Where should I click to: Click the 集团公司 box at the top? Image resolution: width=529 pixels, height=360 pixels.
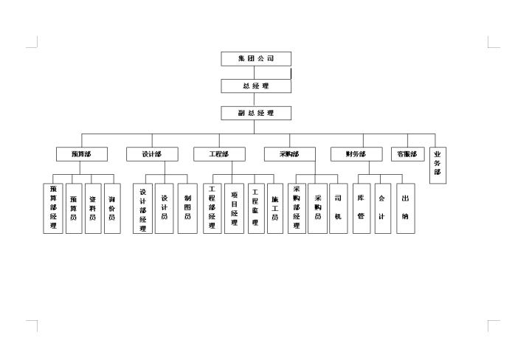(256, 59)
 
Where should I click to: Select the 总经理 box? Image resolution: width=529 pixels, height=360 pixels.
(256, 86)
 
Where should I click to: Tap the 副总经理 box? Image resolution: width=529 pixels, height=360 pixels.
(256, 113)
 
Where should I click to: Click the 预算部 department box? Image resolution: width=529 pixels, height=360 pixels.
(82, 154)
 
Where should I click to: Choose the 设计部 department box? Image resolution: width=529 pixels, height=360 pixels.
(152, 154)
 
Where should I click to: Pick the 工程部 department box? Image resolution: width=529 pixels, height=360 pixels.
(219, 154)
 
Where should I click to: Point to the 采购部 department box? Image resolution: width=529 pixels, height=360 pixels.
(289, 154)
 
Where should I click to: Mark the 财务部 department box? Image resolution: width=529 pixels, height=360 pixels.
(356, 154)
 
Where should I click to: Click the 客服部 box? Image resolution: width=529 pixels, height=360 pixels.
(407, 154)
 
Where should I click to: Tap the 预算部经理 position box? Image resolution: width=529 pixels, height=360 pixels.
(53, 209)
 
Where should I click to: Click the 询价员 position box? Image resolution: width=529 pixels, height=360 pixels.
(112, 209)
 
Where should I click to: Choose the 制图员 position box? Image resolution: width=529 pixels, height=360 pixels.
(187, 209)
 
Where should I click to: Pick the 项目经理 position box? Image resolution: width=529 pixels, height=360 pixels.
(234, 209)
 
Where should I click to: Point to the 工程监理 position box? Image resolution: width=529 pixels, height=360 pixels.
(255, 209)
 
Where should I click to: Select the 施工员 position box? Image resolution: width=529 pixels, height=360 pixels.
(274, 209)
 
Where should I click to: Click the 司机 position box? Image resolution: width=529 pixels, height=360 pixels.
(338, 209)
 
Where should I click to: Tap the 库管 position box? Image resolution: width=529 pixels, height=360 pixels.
(361, 209)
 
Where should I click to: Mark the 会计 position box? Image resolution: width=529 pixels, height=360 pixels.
(382, 209)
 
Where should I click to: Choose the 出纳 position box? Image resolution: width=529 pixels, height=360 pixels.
(406, 209)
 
